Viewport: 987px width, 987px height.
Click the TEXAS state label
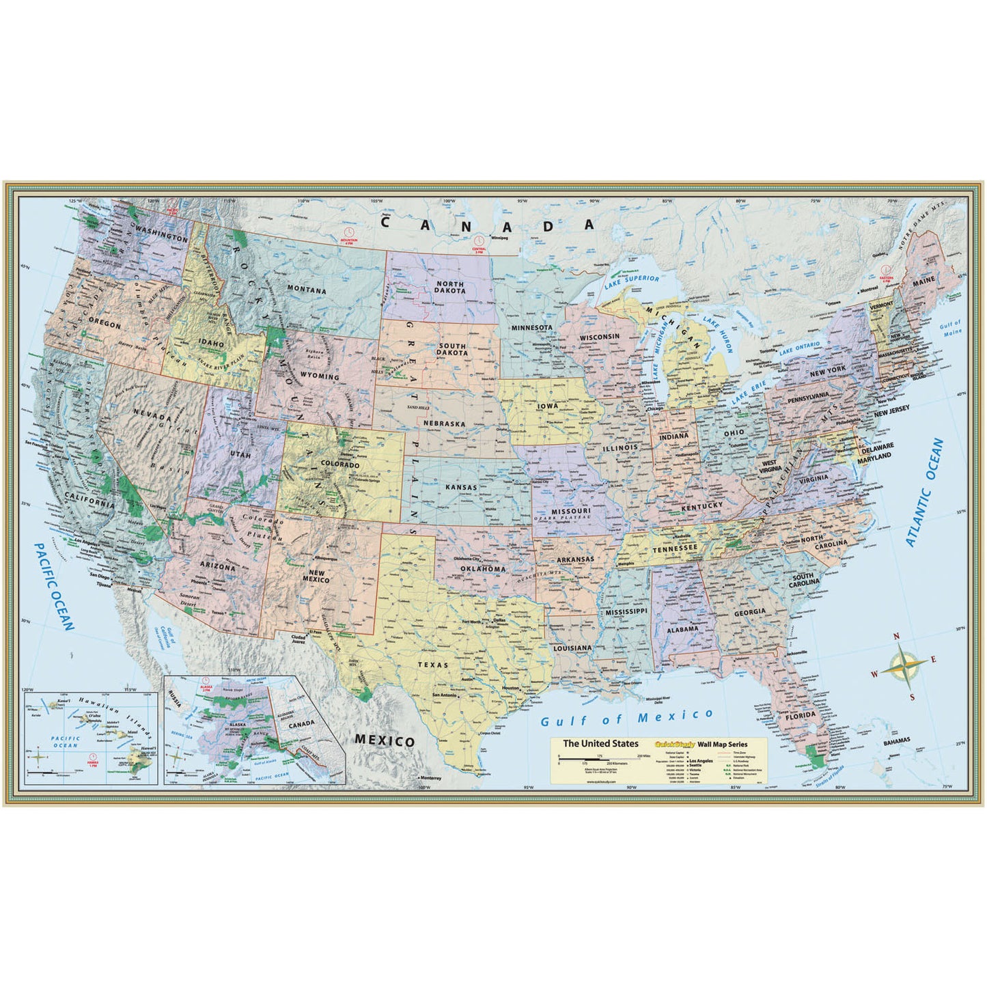[434, 665]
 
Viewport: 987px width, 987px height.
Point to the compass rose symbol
[902, 665]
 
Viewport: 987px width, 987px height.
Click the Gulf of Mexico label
[626, 718]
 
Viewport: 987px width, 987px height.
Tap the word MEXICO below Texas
[385, 741]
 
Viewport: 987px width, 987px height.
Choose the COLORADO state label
[336, 465]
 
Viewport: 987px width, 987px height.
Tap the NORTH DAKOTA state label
[450, 288]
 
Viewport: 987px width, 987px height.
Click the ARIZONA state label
[217, 566]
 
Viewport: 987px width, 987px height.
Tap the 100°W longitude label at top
[448, 201]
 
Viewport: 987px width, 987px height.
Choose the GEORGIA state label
[749, 612]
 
